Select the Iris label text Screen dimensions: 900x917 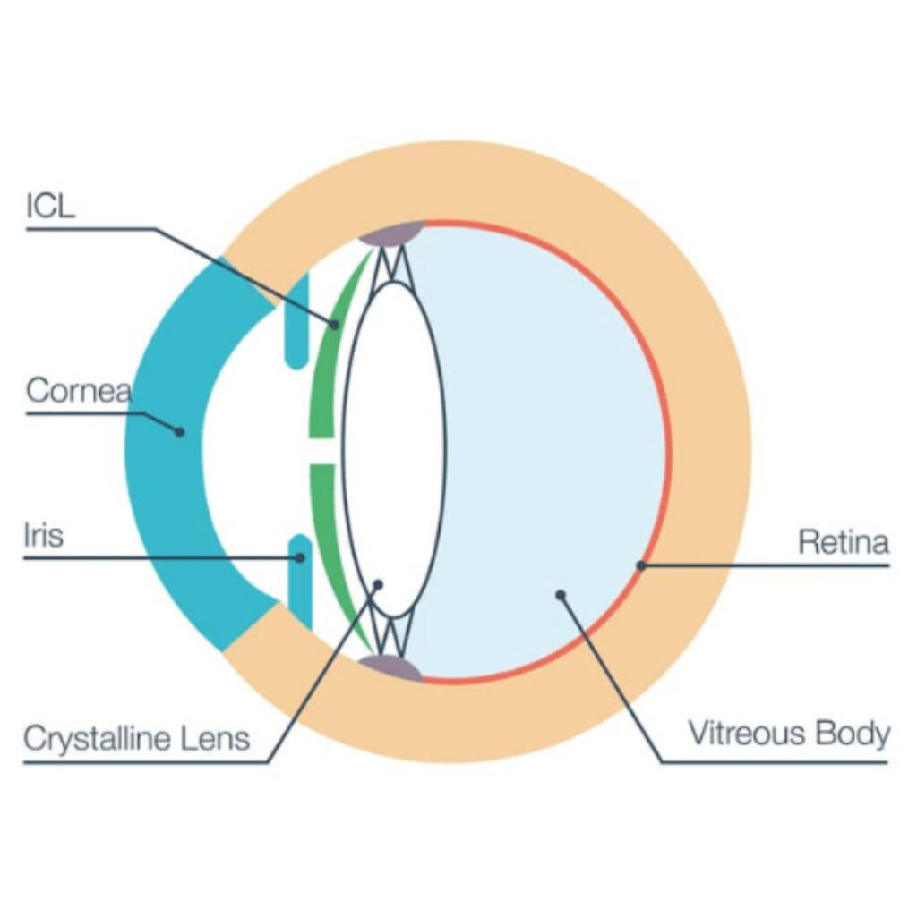[x=43, y=539]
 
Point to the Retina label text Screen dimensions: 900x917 [x=843, y=543]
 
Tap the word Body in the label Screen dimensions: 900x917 [x=853, y=734]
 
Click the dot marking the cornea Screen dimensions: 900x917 [x=179, y=431]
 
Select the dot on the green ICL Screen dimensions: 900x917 [x=335, y=324]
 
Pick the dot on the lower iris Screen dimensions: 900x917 [x=301, y=558]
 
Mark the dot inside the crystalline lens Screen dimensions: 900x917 [x=378, y=584]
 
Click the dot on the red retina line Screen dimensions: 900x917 [x=640, y=565]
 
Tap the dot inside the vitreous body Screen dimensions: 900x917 [x=561, y=593]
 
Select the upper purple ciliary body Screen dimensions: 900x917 [x=391, y=233]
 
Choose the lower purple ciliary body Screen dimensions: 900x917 [x=391, y=667]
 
